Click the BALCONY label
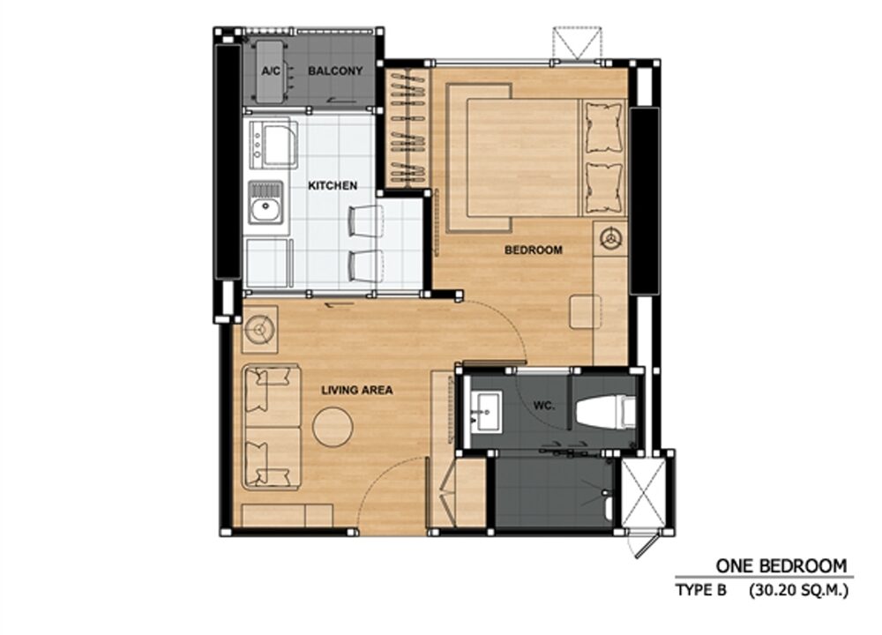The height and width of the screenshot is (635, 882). point(335,71)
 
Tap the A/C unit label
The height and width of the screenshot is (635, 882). point(271,71)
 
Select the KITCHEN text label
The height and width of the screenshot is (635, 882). point(333,185)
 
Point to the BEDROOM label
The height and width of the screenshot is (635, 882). point(534,250)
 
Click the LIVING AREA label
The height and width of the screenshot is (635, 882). point(357,390)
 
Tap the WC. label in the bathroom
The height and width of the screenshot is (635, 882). point(544,405)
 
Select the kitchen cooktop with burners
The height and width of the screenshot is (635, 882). point(273,145)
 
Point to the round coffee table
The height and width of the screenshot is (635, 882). point(333,428)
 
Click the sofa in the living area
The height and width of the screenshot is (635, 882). point(271,428)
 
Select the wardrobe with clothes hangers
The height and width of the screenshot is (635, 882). point(407,129)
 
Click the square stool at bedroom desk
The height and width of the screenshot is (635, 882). point(585,311)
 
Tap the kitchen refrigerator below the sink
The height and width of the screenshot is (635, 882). point(269,263)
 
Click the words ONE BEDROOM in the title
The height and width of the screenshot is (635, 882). point(781,566)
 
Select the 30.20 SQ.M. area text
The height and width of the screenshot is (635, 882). point(799,591)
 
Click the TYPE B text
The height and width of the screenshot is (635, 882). point(701,591)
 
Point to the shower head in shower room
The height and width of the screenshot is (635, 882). point(606,494)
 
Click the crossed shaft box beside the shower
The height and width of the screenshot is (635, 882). point(642,493)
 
